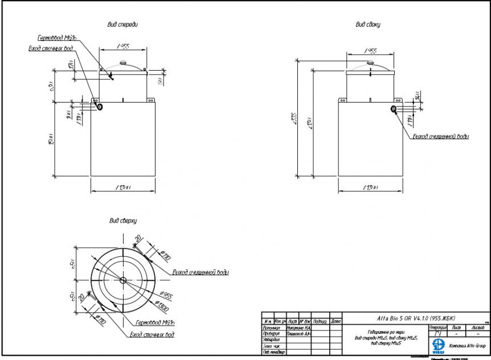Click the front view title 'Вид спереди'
point(123,24)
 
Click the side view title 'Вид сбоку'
point(368,24)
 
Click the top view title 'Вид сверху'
point(123,220)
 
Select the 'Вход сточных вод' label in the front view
point(51,48)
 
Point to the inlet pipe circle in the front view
point(100,106)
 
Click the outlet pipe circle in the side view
point(393,109)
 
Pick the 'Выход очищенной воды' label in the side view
point(441,137)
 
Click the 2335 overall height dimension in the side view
point(294,116)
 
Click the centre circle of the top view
point(123,279)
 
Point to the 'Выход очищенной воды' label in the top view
point(201,272)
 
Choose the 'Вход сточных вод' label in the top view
point(152,335)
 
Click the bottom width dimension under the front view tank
point(123,187)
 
